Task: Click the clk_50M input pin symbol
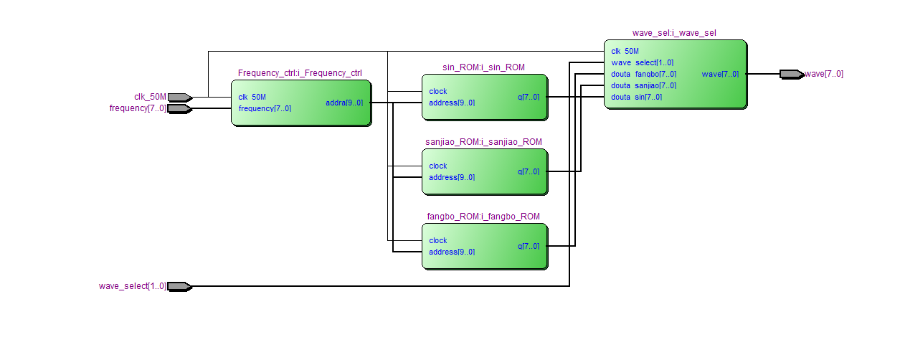click(179, 97)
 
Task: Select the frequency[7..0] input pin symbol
click(179, 108)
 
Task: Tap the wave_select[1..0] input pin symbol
click(179, 286)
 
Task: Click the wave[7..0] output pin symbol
click(791, 74)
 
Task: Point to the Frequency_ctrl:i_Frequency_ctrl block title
click(300, 73)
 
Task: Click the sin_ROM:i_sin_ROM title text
click(483, 67)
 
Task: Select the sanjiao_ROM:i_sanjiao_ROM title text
click(483, 142)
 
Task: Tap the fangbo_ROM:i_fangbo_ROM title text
click(483, 217)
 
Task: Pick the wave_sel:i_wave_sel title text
click(674, 33)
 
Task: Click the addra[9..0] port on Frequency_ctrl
click(344, 103)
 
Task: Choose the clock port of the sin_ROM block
click(438, 91)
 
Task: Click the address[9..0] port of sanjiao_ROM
click(452, 177)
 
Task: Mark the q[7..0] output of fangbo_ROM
click(529, 246)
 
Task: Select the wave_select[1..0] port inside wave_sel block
click(642, 62)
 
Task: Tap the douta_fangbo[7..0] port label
click(643, 74)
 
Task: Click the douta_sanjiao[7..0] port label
click(643, 85)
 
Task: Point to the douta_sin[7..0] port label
click(636, 97)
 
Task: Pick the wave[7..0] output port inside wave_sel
click(720, 74)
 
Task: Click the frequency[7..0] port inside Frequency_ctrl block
click(265, 108)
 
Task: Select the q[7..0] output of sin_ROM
click(529, 97)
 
